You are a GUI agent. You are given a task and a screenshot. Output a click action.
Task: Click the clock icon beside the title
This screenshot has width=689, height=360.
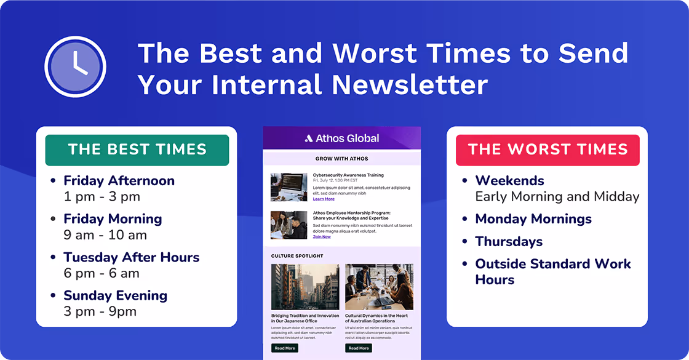click(76, 66)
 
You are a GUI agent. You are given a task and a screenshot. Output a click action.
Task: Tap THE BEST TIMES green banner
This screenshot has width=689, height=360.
click(137, 150)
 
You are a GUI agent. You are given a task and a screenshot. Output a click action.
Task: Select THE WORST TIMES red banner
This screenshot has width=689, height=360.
click(548, 150)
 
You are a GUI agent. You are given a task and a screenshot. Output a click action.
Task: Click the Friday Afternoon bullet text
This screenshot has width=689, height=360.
click(119, 181)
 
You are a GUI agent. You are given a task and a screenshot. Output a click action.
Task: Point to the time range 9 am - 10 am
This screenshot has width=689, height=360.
click(105, 235)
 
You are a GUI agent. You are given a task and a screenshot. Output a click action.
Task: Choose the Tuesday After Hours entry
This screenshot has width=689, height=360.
click(131, 257)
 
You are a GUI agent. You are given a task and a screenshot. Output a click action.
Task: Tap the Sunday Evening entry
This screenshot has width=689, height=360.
click(115, 295)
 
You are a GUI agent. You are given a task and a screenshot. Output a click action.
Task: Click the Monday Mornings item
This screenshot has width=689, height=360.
click(533, 219)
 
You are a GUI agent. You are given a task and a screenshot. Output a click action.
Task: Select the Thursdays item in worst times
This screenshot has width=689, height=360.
click(508, 241)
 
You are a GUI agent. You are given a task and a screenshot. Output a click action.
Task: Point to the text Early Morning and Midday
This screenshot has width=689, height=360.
click(557, 197)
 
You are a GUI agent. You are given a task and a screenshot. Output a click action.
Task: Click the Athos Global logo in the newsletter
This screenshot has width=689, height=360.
click(342, 138)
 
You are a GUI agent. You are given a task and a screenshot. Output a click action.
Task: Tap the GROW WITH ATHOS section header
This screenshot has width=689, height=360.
click(342, 159)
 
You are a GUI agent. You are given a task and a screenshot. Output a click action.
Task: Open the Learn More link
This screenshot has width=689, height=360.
click(324, 199)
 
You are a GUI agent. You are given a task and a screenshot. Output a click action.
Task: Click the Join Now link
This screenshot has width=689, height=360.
click(322, 237)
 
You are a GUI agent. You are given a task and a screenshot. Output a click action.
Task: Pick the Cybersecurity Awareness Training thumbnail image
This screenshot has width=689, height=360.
click(289, 187)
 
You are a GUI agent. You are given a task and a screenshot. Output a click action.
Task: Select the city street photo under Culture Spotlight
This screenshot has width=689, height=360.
click(305, 287)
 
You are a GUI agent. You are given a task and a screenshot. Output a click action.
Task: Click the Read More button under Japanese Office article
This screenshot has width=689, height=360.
click(285, 348)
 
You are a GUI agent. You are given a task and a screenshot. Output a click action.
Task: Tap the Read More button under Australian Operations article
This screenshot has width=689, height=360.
click(359, 348)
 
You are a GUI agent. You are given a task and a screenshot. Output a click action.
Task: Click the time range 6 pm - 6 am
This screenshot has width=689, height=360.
click(102, 273)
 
